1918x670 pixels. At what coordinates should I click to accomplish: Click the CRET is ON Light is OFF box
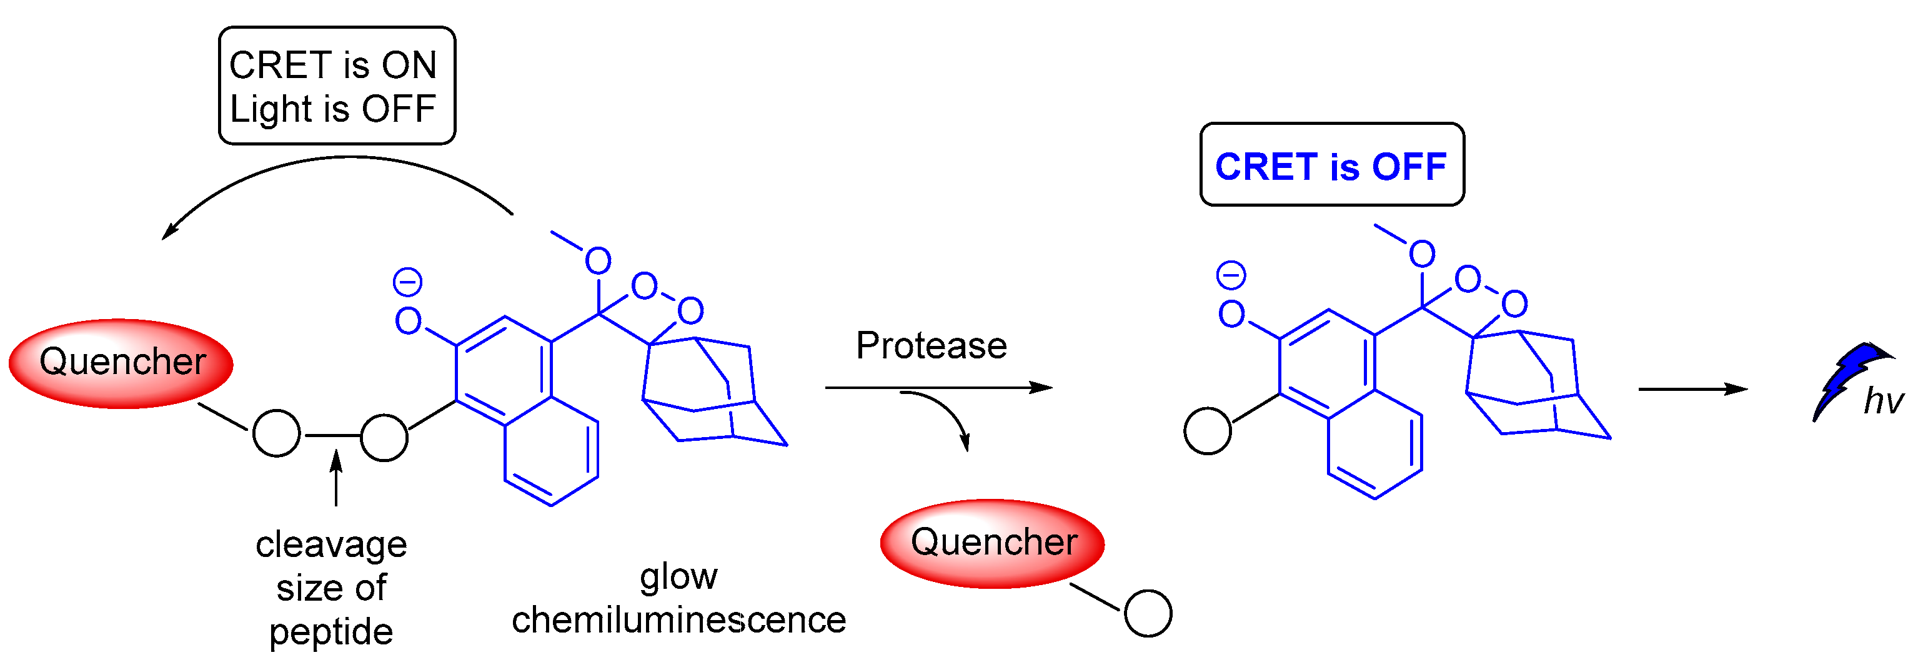337,86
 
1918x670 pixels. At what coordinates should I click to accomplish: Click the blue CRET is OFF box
1331,164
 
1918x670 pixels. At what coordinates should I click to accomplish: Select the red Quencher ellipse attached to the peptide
121,363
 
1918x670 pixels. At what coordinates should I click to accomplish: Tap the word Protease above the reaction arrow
931,345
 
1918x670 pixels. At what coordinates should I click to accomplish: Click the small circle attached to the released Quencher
1148,613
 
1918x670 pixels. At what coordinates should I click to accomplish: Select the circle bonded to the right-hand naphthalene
1207,431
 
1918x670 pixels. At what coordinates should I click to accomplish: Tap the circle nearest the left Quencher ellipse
276,433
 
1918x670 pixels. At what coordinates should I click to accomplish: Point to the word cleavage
331,545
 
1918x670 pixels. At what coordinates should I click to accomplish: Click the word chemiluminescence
678,620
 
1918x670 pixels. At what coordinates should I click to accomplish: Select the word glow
678,576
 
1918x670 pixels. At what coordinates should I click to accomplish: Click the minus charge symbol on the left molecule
407,282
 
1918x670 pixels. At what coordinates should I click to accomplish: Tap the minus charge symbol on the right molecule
1231,275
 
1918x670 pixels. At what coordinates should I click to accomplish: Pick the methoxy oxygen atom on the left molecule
598,260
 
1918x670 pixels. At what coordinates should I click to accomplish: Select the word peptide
331,632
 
